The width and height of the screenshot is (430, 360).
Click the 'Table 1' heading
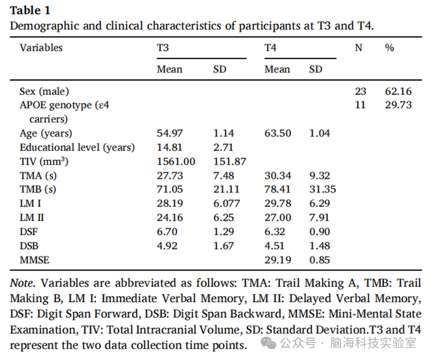click(30, 10)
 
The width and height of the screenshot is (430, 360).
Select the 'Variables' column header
click(41, 48)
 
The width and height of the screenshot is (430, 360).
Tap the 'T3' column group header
click(163, 48)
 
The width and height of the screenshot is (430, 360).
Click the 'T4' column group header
click(270, 48)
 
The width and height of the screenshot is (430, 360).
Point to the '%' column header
click(389, 48)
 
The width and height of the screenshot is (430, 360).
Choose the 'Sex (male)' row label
click(44, 91)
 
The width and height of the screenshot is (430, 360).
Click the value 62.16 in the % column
click(398, 91)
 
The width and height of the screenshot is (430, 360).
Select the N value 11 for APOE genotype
click(360, 105)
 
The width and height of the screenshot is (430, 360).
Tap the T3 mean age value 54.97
click(170, 133)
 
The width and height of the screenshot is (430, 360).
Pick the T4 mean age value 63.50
click(277, 133)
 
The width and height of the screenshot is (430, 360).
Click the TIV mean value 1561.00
click(176, 162)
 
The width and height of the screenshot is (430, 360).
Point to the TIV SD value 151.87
click(230, 162)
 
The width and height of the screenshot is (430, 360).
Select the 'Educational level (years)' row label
click(77, 147)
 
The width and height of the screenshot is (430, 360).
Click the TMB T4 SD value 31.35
click(323, 189)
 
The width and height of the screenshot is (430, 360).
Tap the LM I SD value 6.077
click(227, 203)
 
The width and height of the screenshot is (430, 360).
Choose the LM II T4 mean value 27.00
click(277, 218)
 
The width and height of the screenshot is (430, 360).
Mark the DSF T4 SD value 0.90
click(320, 232)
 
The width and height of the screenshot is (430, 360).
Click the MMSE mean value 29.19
click(277, 260)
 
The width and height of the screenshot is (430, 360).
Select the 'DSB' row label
click(29, 246)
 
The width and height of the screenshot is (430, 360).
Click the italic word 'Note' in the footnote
click(22, 283)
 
